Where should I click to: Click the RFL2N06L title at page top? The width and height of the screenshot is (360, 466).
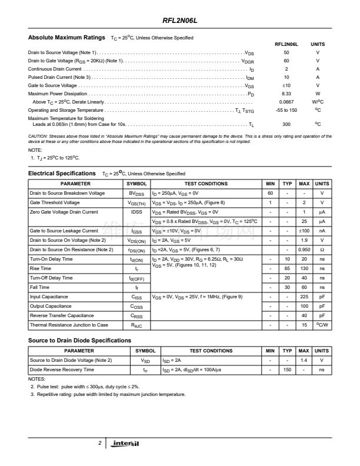(180, 19)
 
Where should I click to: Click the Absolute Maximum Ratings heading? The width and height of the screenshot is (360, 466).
(66, 37)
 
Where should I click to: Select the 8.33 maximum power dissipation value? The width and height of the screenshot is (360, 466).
(286, 94)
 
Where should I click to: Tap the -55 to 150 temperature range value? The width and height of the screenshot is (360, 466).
(286, 110)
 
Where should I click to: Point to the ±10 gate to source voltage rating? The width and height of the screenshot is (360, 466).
(286, 85)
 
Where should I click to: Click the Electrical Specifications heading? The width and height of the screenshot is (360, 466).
(62, 174)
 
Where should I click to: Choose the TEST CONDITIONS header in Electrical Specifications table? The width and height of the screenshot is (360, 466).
(205, 184)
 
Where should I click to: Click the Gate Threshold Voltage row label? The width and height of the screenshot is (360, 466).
(56, 202)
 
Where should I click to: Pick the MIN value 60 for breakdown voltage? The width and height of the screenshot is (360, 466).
(270, 193)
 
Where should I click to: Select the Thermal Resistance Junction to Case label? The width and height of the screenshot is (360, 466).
(69, 325)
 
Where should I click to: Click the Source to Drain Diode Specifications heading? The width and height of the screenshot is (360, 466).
(79, 341)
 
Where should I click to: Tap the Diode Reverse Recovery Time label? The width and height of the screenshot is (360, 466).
(62, 370)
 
